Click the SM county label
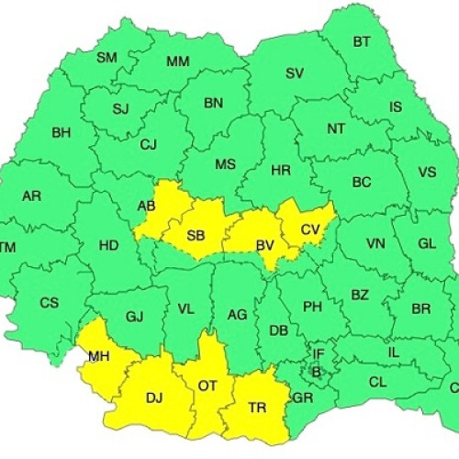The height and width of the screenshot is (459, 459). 107,57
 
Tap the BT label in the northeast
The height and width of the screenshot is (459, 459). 362,41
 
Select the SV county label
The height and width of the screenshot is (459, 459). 294,73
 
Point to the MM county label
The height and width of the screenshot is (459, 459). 178,62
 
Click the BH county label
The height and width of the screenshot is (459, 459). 61,132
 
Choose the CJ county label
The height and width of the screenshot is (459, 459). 148,144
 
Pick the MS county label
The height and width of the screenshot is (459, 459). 225,164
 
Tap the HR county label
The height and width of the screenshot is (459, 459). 281,170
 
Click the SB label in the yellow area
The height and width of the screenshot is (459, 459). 196,235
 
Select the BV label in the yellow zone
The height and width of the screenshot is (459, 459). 265,244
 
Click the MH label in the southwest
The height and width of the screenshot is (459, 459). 99,355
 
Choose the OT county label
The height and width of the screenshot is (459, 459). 207,386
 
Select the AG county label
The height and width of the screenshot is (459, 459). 237,315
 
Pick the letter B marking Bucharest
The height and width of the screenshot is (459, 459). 316,372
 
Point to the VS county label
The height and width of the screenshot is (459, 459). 427,172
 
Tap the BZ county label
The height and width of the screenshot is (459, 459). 359,295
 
